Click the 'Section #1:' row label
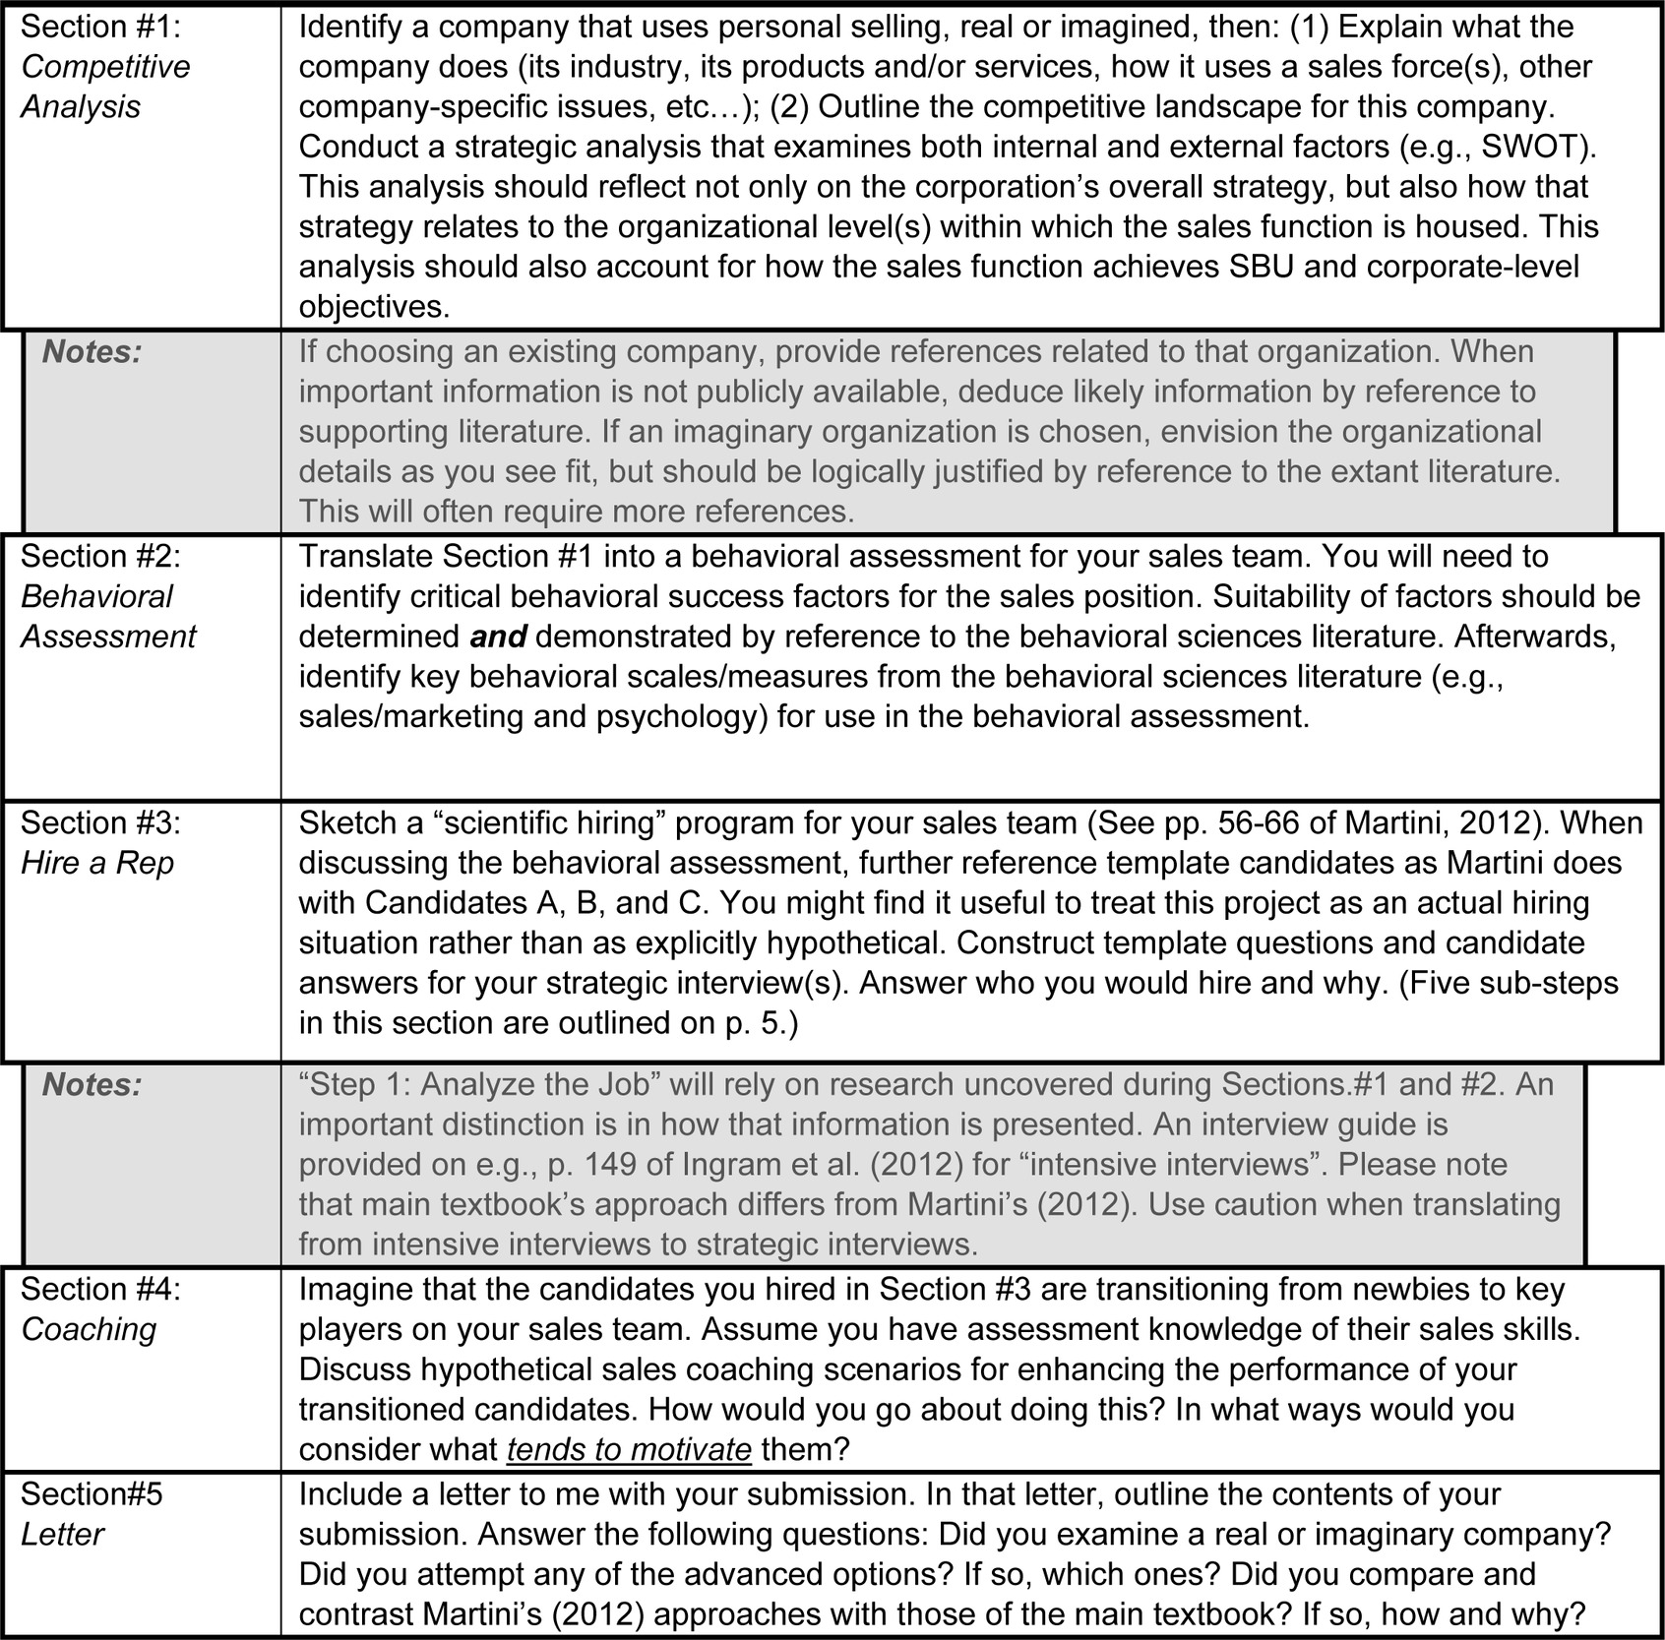[100, 27]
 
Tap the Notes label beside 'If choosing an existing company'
[92, 351]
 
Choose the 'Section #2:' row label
[100, 557]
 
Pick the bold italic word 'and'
[498, 637]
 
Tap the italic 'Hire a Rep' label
[97, 863]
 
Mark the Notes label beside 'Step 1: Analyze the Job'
[92, 1084]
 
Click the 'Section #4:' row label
[100, 1290]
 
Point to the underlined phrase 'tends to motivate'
[629, 1450]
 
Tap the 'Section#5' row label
[92, 1494]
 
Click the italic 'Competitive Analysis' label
[104, 87]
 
